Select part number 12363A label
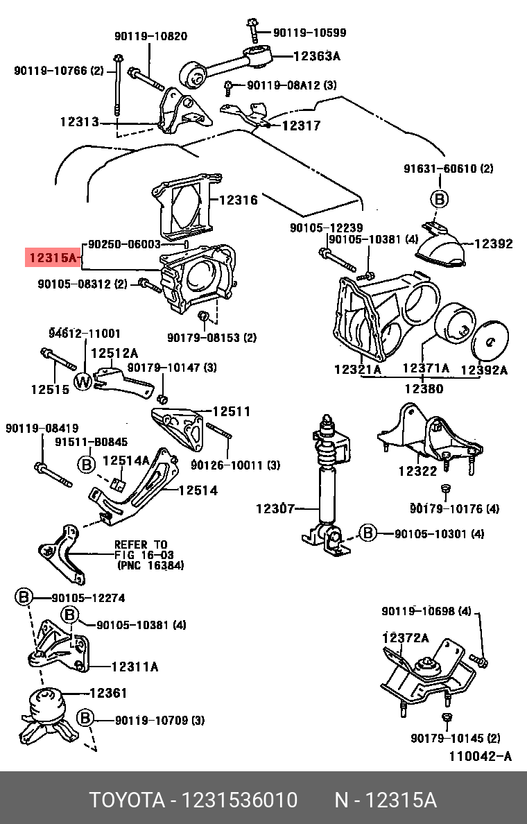[316, 58]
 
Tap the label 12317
[301, 126]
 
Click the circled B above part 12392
[440, 199]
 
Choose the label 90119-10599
[309, 33]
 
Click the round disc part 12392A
[490, 340]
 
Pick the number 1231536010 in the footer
[239, 800]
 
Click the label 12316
[239, 200]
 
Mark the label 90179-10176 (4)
[454, 509]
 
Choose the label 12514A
[126, 460]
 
